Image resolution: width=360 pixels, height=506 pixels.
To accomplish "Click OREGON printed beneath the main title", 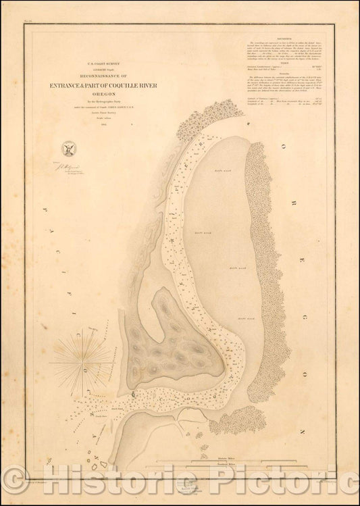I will tap(101, 94).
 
